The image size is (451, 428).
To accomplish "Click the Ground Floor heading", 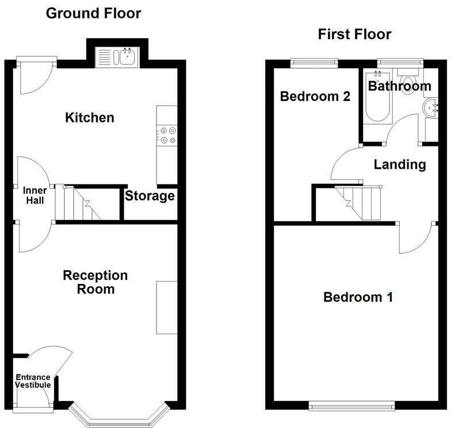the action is [93, 14].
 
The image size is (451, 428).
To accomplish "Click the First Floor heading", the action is [354, 34].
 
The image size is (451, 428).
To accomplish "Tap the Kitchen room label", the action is [90, 117].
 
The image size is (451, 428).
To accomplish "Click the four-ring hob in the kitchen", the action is [167, 136].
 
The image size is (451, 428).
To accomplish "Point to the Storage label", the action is [150, 196].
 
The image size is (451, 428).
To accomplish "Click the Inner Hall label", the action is [35, 195].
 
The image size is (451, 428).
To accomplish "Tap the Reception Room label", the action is [95, 282].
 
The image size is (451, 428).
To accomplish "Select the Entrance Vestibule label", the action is [33, 381].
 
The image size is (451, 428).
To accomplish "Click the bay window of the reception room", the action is [119, 415].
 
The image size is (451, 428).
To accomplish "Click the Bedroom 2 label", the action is [315, 97].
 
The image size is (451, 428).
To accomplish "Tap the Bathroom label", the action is [400, 86].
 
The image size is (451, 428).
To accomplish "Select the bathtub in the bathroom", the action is [377, 97].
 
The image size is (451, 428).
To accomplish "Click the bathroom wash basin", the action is [430, 108].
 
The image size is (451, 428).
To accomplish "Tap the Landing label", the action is [400, 164].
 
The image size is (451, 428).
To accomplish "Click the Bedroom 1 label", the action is [358, 297].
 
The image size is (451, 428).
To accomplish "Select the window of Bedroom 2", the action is [314, 63].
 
